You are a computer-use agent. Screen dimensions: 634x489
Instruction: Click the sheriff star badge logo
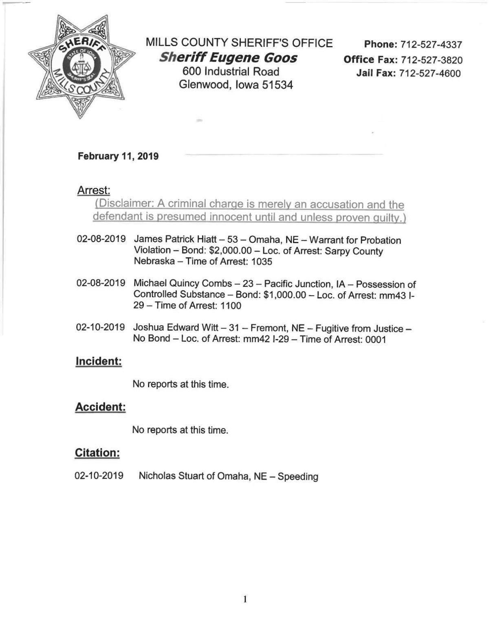pos(82,67)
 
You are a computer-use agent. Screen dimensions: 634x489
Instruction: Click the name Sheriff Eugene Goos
pos(228,58)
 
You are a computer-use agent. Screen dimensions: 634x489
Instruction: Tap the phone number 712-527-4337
pos(431,44)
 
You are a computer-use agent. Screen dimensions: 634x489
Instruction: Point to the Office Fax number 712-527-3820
pos(432,60)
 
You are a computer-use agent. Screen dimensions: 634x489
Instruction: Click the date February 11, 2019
pos(118,156)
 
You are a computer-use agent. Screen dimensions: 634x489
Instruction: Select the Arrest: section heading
pos(94,190)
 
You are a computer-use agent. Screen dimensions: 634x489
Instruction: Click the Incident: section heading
pos(99,361)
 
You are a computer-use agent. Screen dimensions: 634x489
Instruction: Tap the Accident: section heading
pos(100,407)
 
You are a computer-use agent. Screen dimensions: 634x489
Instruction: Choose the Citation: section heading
pos(97,453)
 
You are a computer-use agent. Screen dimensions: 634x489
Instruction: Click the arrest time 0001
pos(375,339)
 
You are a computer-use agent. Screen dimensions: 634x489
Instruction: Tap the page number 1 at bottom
pos(245,599)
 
